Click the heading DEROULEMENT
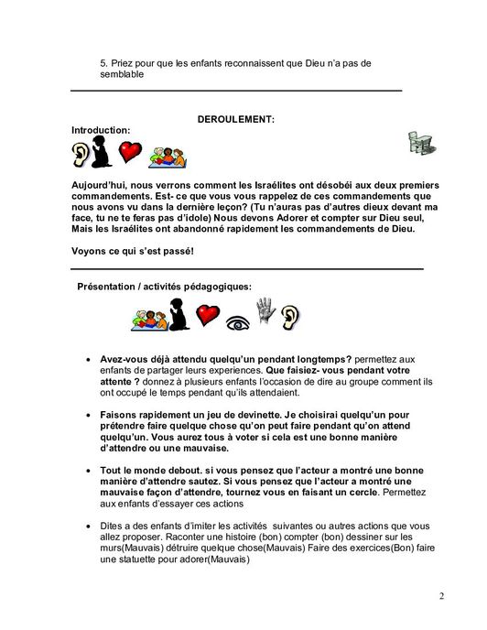coord(236,120)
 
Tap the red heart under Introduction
coord(132,153)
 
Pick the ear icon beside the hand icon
coord(290,317)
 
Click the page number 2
coord(441,597)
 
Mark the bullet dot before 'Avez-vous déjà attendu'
coord(86,360)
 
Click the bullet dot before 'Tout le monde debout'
coord(86,470)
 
